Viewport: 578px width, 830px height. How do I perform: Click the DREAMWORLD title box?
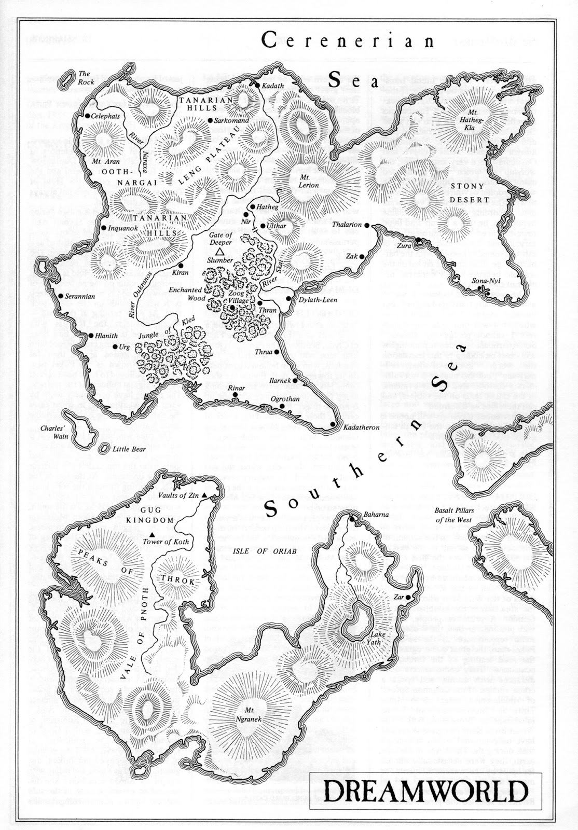[429, 793]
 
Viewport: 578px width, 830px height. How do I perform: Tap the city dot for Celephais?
[88, 115]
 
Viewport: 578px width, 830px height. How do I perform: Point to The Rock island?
[66, 78]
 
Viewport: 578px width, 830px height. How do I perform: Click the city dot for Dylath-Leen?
[288, 299]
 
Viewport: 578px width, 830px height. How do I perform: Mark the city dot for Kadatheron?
[333, 424]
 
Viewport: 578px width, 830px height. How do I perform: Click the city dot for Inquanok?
[104, 228]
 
